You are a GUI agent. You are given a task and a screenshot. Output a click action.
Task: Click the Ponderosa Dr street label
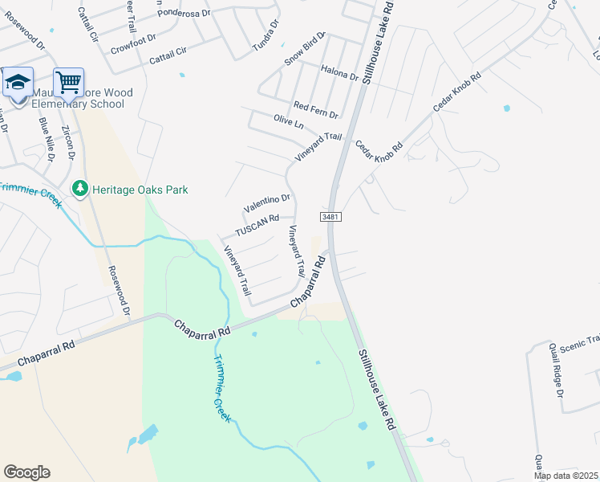tap(184, 13)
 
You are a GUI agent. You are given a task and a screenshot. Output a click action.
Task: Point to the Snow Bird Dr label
tap(305, 50)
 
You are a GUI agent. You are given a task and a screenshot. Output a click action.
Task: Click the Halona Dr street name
tap(339, 75)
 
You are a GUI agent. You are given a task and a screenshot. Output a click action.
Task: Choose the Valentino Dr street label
tap(266, 203)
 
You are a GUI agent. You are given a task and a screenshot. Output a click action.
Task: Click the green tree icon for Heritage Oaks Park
tap(79, 190)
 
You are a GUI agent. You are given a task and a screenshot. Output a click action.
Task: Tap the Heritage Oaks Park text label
tap(140, 190)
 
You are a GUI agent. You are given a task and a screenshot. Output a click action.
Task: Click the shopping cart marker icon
tap(69, 81)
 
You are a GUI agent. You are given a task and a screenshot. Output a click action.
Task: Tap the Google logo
tap(26, 472)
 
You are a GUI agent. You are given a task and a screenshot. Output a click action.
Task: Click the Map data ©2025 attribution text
tap(566, 476)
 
